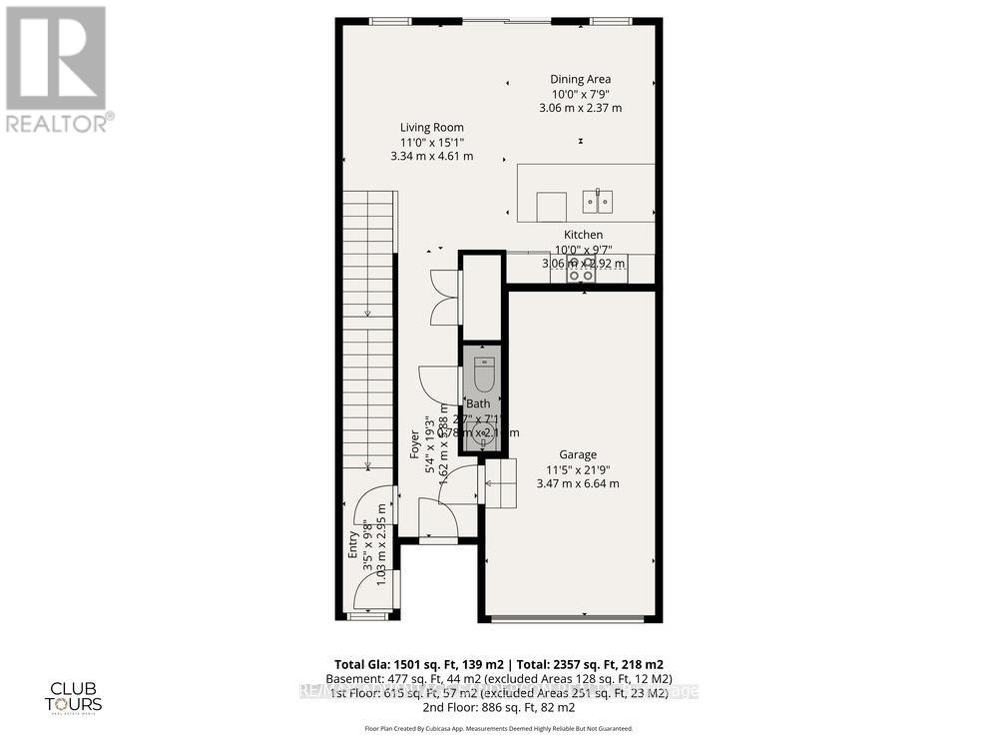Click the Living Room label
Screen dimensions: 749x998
tap(431, 127)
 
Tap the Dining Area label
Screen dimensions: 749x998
tap(580, 79)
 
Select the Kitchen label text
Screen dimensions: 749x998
tap(583, 235)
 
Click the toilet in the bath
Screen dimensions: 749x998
tap(484, 374)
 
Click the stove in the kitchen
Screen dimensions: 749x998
tap(580, 270)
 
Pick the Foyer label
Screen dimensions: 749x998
tap(415, 444)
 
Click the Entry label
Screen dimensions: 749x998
tap(352, 544)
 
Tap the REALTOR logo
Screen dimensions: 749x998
tap(57, 69)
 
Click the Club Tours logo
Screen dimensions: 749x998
tap(76, 697)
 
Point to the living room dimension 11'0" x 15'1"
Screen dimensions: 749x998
tap(431, 142)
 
